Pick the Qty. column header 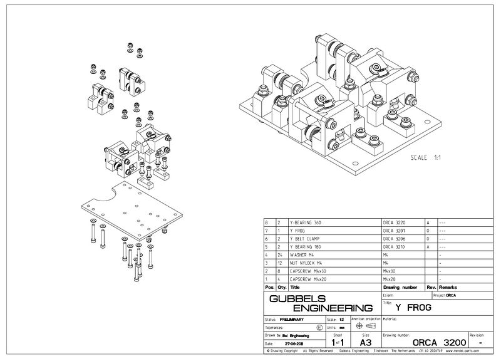click(280, 287)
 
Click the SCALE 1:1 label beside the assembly click(423, 157)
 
